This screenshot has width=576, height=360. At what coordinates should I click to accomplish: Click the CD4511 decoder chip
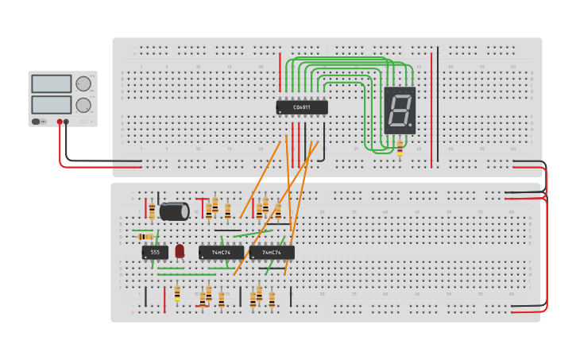(x=301, y=107)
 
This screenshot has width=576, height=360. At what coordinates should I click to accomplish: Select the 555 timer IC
(x=155, y=252)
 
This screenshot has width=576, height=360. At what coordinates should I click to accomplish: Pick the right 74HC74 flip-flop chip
(x=272, y=252)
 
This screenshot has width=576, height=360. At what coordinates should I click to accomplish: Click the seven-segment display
(x=400, y=110)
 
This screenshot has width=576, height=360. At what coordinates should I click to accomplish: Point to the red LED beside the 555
(x=180, y=251)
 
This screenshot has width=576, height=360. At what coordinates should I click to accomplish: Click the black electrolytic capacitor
(x=174, y=211)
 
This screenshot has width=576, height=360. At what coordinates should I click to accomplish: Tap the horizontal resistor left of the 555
(x=145, y=236)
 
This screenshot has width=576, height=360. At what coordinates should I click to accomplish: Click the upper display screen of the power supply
(x=52, y=83)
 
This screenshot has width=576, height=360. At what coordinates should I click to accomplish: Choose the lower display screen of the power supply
(x=52, y=104)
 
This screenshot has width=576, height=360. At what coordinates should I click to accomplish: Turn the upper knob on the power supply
(x=83, y=83)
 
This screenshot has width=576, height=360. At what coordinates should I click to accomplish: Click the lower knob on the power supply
(x=83, y=104)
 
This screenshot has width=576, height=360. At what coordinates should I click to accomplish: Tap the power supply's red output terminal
(x=59, y=122)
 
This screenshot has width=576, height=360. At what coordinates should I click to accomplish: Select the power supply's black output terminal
(x=66, y=122)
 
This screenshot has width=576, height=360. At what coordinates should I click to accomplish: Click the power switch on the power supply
(x=37, y=122)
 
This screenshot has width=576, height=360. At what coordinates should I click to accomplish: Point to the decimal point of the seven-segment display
(x=410, y=126)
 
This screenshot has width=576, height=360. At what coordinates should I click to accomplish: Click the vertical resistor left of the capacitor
(x=152, y=211)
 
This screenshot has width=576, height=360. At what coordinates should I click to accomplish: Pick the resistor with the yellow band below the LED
(x=177, y=293)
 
